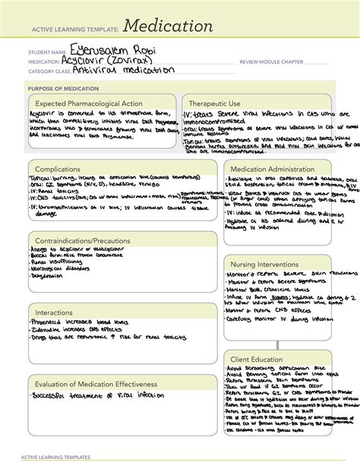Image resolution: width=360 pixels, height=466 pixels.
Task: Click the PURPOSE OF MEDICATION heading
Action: pyautogui.click(x=63, y=88)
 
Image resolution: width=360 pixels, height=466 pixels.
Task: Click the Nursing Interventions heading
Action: pyautogui.click(x=266, y=264)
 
